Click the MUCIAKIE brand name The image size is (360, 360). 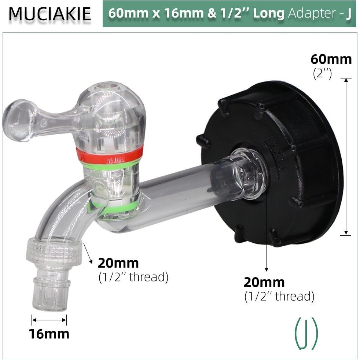(49, 14)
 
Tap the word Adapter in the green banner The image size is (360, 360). (311, 14)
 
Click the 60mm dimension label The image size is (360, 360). (331, 59)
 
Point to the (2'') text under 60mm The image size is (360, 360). (322, 73)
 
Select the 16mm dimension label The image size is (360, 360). (49, 334)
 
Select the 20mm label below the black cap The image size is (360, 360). (264, 282)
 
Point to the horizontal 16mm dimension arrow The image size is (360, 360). (49, 320)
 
